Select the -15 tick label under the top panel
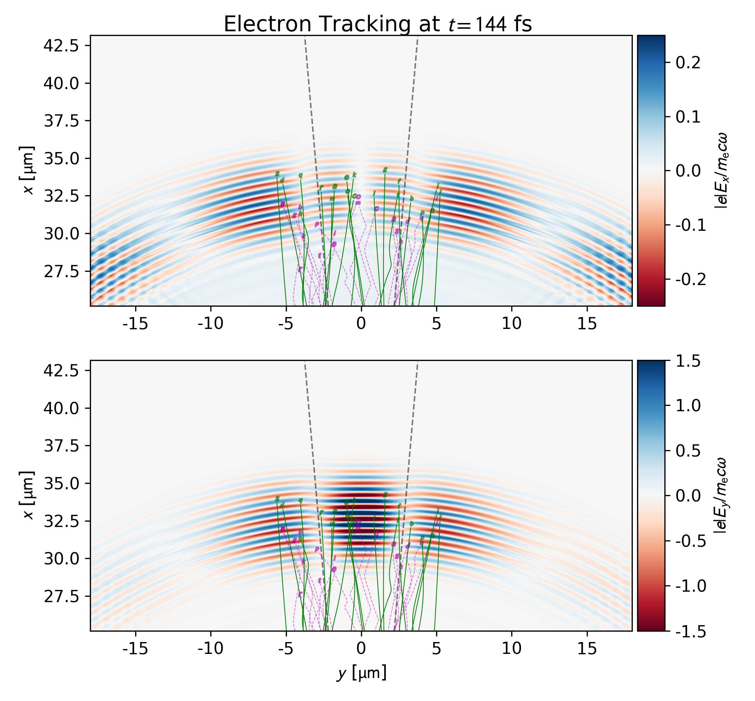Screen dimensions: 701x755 tap(136, 324)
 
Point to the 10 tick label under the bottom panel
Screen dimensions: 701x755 tap(512, 649)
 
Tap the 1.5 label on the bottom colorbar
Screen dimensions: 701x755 tap(688, 362)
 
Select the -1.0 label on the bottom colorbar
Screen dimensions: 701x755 tap(691, 586)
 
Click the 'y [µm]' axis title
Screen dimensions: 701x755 tap(362, 673)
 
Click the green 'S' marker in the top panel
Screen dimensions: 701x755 tap(277, 174)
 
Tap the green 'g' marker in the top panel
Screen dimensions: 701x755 tap(385, 170)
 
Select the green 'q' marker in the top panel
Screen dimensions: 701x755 tap(301, 175)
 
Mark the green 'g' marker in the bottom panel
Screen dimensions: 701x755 tap(385, 495)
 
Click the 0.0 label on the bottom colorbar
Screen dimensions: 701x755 tap(688, 496)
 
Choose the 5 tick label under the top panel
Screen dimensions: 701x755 tap(436, 324)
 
